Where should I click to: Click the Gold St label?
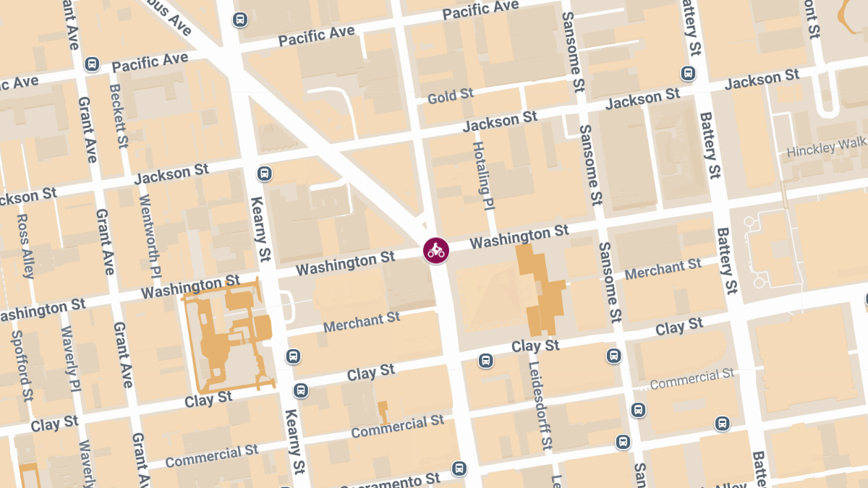click(450, 95)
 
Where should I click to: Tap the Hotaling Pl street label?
click(482, 176)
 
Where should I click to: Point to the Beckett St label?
click(117, 116)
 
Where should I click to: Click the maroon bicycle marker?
click(435, 251)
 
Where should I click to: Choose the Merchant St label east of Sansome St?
click(663, 269)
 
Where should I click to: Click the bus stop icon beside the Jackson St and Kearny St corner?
click(264, 174)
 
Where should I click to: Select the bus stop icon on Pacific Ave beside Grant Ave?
click(92, 64)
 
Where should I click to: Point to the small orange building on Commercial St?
click(383, 411)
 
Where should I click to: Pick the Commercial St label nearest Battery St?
click(692, 379)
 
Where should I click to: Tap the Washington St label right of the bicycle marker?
click(519, 237)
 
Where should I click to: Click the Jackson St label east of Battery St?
click(762, 79)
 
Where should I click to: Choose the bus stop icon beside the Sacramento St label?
click(459, 468)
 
